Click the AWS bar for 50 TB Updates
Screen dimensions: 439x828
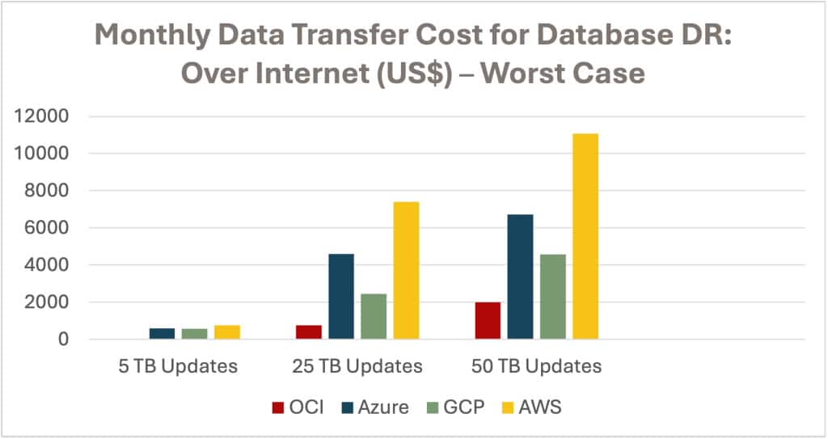(x=585, y=236)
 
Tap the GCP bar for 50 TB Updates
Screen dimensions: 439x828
(x=553, y=297)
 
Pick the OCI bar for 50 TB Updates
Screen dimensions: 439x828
(x=488, y=320)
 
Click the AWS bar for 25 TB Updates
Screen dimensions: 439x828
(x=406, y=270)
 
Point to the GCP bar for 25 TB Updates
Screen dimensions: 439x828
(x=374, y=316)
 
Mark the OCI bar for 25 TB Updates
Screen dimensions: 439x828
(x=309, y=331)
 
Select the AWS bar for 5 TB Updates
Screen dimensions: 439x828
(x=227, y=331)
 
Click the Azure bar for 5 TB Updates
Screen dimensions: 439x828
(x=162, y=333)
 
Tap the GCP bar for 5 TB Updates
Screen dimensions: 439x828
(x=195, y=333)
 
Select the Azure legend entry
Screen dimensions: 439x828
(x=372, y=407)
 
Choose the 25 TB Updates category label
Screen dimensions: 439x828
(x=357, y=366)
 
